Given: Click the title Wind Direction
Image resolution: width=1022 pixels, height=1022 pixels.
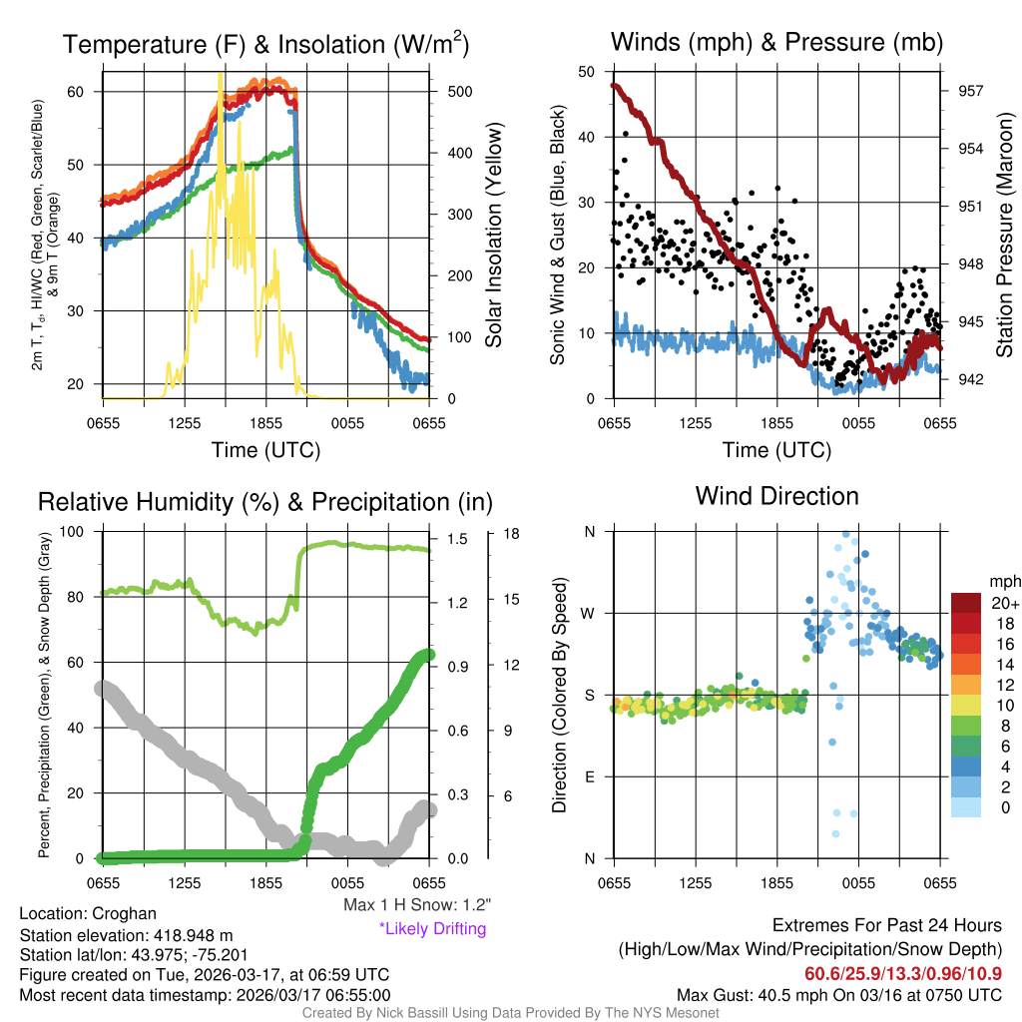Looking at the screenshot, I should (x=776, y=496).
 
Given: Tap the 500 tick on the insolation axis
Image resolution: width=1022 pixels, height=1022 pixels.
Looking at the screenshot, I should (x=459, y=91).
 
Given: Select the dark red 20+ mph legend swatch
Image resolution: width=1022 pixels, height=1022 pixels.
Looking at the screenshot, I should (x=967, y=603).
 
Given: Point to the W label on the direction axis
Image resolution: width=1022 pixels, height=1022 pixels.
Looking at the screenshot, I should (x=589, y=613).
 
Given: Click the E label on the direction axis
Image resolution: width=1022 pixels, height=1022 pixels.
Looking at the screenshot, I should (x=589, y=776).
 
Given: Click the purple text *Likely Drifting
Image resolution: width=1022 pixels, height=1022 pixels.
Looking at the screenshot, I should (x=432, y=928).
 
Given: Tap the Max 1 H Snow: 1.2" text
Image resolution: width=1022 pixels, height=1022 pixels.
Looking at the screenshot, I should (x=416, y=905).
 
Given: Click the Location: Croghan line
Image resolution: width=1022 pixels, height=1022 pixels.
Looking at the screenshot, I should (x=88, y=913).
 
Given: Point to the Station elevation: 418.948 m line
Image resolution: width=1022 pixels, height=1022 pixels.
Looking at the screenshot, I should (x=126, y=935).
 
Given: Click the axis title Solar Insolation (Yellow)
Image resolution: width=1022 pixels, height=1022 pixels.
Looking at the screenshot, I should (x=494, y=236).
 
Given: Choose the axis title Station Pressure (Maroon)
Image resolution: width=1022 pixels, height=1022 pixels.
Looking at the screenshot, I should (x=1004, y=236).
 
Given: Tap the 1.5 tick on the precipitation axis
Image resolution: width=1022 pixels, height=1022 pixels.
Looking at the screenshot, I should (x=456, y=538).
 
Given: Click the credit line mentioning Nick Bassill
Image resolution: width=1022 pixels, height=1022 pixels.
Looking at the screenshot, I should (x=510, y=1013).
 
